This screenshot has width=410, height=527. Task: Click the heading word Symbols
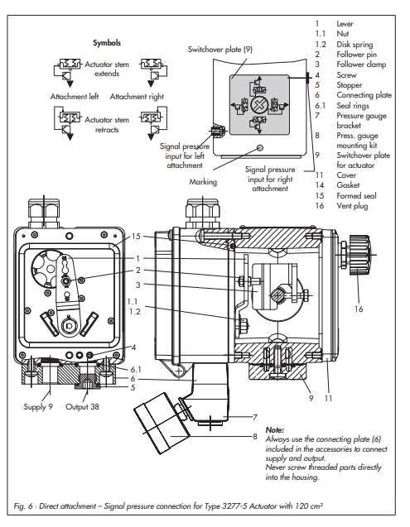[107, 43]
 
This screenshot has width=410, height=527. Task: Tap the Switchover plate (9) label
[220, 50]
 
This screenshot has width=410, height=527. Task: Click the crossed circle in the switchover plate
[259, 105]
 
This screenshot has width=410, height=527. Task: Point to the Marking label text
[203, 182]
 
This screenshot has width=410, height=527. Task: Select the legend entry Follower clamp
[361, 65]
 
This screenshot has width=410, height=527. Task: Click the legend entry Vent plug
[352, 206]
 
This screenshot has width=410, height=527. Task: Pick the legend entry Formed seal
[356, 195]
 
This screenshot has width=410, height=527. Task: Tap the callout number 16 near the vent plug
[359, 309]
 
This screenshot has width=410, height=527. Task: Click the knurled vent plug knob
[359, 255]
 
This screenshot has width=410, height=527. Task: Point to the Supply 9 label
[38, 407]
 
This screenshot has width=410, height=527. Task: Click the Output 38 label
[82, 407]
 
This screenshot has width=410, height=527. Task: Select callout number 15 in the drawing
[136, 237]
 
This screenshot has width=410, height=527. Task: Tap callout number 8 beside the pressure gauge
[255, 436]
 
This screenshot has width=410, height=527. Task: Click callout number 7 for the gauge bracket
[255, 417]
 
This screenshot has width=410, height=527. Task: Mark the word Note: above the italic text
[275, 429]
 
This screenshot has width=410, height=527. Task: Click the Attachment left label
[75, 97]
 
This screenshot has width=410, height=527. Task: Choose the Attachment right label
[137, 97]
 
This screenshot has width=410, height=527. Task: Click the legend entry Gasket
[348, 184]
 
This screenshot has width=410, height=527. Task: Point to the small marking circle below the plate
[260, 147]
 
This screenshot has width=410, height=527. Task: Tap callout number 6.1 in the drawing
[136, 369]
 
